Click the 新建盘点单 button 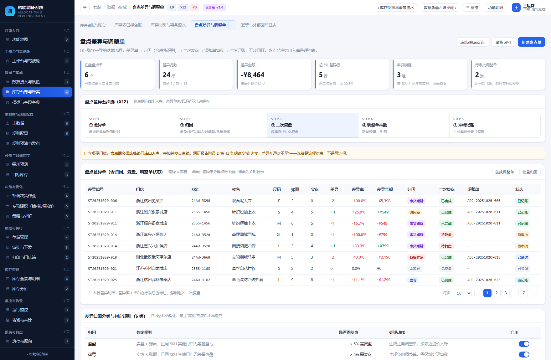(x=531, y=42)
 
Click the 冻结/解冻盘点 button (x=472, y=42)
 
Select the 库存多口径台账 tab (x=128, y=25)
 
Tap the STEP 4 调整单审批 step (x=404, y=125)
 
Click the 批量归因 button (x=530, y=172)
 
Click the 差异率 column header (x=358, y=189)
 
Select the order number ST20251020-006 (x=102, y=201)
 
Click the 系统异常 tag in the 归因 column (x=416, y=257)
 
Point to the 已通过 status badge (x=523, y=257)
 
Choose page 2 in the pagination (x=496, y=293)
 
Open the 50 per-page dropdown (x=462, y=293)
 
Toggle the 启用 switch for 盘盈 (x=524, y=344)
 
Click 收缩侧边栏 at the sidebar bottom (x=37, y=354)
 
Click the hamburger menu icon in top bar (x=85, y=8)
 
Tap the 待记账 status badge (x=523, y=280)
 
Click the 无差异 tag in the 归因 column (x=415, y=269)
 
